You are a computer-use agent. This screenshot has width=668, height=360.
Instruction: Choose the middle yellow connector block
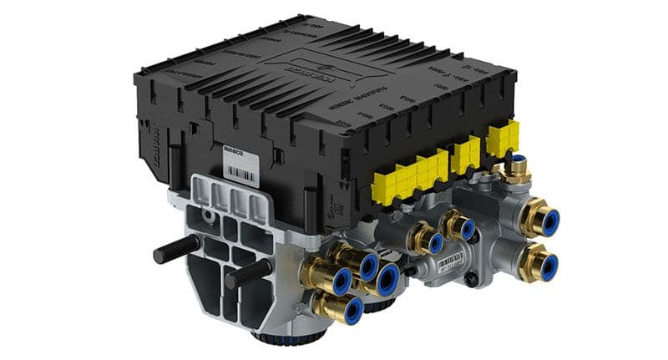(464, 153)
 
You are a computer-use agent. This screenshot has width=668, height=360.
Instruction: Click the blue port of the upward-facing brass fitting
(519, 158)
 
